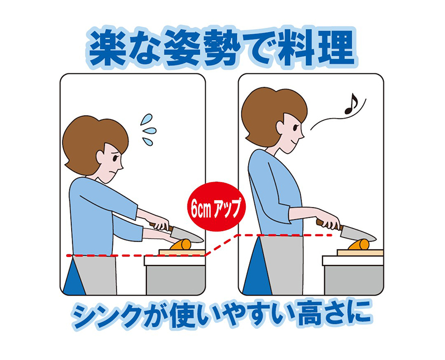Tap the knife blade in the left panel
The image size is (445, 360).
point(187,234)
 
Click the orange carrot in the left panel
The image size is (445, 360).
point(182,244)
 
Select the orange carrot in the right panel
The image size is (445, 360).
point(359,244)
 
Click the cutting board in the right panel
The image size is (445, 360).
point(360,253)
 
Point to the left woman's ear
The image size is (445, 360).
point(101,156)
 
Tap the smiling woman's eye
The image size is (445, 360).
point(296,127)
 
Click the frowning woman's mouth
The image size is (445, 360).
point(113,172)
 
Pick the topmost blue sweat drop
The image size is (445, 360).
point(146,119)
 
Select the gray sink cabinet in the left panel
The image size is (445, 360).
point(176,280)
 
